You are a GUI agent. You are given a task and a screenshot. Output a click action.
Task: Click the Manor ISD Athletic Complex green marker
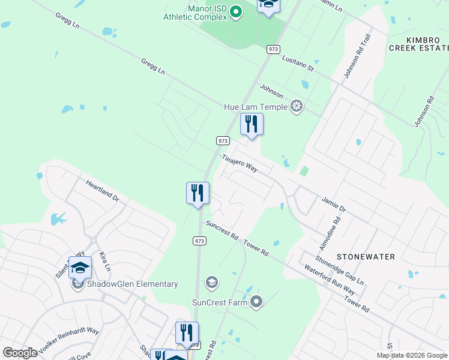(x=236, y=11)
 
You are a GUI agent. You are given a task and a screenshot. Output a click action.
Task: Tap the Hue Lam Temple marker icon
(x=296, y=107)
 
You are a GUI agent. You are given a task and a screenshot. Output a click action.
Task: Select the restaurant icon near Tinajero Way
(x=252, y=125)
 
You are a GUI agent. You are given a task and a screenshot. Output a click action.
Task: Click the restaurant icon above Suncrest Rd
(x=197, y=193)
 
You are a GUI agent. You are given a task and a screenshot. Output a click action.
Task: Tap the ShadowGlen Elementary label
(x=133, y=284)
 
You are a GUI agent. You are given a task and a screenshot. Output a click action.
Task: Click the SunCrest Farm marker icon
(x=256, y=302)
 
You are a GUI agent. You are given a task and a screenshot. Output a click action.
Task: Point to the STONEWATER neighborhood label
(x=366, y=257)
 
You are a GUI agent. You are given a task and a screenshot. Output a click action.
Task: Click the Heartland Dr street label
(x=103, y=191)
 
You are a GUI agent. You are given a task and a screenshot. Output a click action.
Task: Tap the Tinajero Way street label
(x=240, y=164)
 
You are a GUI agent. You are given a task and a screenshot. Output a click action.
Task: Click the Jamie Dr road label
(x=334, y=204)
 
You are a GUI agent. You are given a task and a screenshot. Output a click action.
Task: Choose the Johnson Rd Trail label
(x=358, y=56)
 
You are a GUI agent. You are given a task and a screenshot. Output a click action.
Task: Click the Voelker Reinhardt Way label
(x=69, y=340)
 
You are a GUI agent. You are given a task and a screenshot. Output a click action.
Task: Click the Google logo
(x=20, y=352)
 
